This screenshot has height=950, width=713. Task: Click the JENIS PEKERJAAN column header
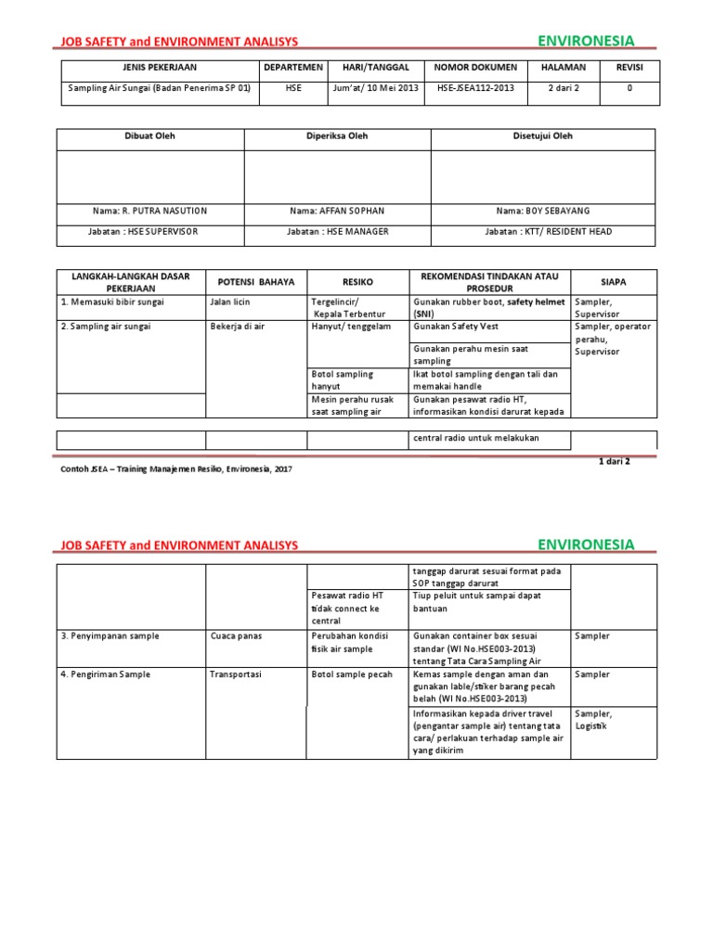[x=160, y=68]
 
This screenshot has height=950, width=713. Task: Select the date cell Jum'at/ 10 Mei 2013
[x=374, y=88]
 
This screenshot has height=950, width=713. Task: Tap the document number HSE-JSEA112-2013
[x=474, y=88]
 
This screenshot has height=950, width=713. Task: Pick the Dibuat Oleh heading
[x=150, y=136]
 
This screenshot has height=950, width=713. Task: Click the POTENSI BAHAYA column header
[x=255, y=281]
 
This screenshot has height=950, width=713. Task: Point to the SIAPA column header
[x=614, y=281]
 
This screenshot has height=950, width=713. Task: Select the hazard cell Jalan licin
[x=233, y=302]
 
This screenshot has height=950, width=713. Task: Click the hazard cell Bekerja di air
[x=239, y=327]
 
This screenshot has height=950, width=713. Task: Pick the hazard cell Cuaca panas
[x=236, y=636]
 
